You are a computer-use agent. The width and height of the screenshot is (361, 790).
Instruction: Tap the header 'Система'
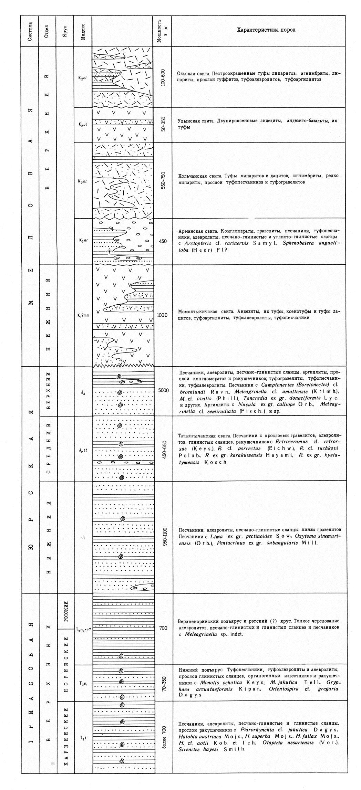coord(30,31)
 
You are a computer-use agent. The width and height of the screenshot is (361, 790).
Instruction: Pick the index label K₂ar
coord(83,241)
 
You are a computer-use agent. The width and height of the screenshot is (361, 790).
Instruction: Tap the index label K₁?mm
coord(83,315)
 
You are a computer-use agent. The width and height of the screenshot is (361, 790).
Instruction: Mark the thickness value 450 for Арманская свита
coord(163,241)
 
